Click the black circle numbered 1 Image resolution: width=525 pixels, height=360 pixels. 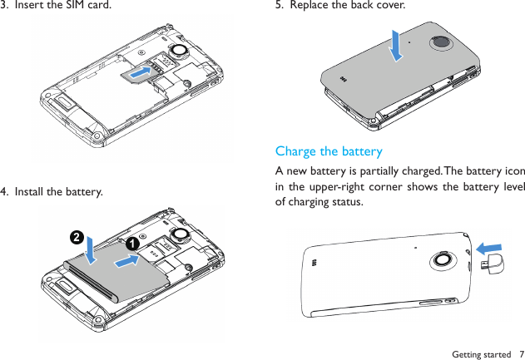(x=131, y=244)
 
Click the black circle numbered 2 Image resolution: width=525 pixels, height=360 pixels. (x=76, y=237)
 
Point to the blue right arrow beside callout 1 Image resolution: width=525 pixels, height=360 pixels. (x=125, y=261)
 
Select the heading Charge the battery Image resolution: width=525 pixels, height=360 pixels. (x=329, y=151)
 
